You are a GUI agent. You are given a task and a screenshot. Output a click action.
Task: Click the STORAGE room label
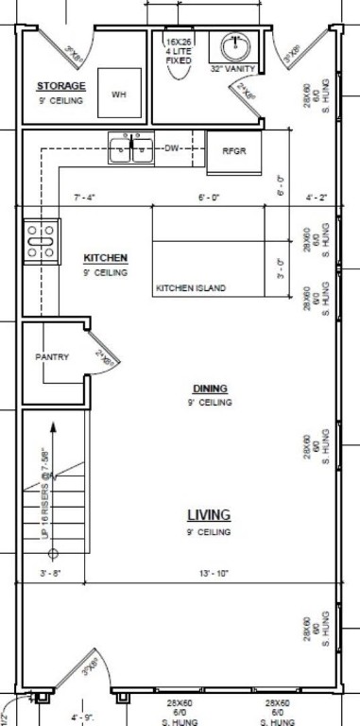[60, 86]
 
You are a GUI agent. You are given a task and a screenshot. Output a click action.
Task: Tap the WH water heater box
[119, 94]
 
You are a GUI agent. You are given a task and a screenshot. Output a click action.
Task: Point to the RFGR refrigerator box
[233, 151]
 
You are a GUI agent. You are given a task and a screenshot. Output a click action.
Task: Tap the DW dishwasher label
[172, 148]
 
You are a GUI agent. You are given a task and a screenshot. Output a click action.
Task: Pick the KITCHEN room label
[105, 258]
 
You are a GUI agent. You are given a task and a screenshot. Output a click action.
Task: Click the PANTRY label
[52, 356]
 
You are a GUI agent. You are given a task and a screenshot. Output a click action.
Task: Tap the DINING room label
[209, 389]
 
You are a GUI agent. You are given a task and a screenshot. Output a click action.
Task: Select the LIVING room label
[209, 515]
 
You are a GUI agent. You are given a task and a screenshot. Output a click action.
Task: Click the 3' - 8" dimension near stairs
[49, 573]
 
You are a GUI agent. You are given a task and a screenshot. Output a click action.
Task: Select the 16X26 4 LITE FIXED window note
[178, 51]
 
